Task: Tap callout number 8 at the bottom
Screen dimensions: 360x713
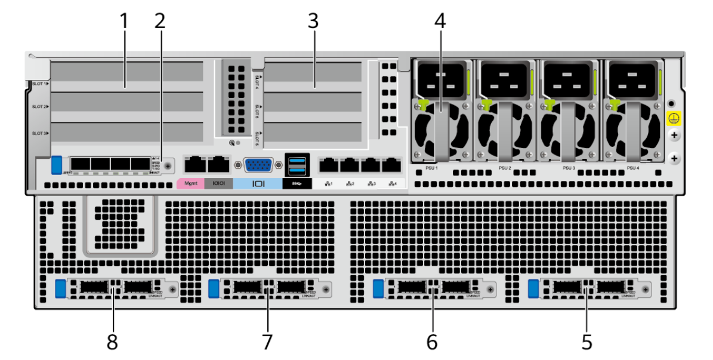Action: pos(112,341)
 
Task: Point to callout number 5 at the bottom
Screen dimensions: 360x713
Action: pos(587,341)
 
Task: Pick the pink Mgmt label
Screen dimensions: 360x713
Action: pos(191,183)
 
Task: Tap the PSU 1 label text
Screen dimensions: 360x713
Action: pos(432,168)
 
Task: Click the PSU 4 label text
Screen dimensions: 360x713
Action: pos(633,168)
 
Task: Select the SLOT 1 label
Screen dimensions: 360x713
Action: pos(39,84)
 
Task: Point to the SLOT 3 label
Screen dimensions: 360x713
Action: pos(39,133)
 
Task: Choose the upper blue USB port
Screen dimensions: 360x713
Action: pos(297,159)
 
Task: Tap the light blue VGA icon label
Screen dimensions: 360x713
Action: pos(258,183)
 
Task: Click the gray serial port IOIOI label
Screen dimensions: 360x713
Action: pos(218,183)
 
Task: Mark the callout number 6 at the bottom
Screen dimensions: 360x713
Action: pos(431,341)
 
